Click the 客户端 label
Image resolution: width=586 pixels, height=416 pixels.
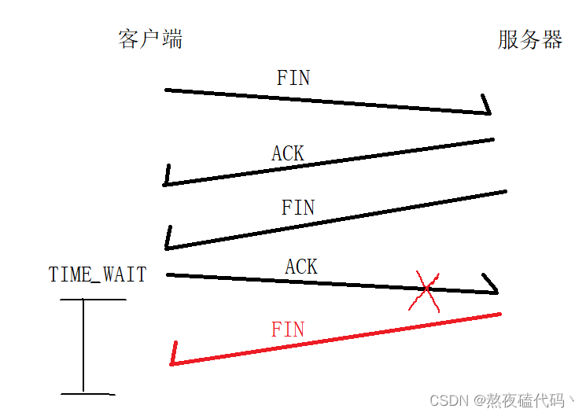click(150, 39)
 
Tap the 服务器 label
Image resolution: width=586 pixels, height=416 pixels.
click(530, 39)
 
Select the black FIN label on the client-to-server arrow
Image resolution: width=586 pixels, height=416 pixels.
click(293, 78)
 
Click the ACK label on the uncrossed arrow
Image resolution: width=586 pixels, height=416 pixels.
click(288, 153)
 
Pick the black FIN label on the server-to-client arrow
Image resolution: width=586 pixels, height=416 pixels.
click(298, 208)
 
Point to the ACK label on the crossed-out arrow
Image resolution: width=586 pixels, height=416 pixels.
click(301, 267)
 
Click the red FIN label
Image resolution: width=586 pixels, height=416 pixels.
click(288, 329)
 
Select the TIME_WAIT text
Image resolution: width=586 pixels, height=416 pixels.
click(98, 274)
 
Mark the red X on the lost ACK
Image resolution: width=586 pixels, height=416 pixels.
click(425, 291)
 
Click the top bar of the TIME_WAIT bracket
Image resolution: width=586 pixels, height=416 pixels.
click(93, 300)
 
